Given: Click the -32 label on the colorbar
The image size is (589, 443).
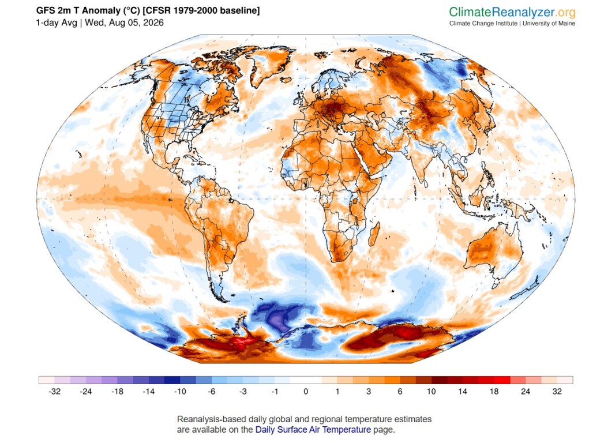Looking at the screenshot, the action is coord(54,392).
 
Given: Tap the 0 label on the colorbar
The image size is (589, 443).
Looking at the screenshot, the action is coord(306,392).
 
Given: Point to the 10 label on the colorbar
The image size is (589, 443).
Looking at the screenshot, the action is coord(432,392).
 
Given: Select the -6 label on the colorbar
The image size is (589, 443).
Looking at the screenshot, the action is coord(212,392).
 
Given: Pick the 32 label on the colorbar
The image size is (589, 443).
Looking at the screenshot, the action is coord(557,392).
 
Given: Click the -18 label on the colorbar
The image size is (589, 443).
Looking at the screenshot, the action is coord(117,392).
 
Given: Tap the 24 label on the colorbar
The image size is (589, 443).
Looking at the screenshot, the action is coord(526,392).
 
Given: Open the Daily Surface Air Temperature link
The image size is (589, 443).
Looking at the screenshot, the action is coord(313,430).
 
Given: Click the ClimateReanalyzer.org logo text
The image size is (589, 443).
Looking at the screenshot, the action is coord(512,12).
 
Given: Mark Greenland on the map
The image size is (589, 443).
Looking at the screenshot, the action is coord(269,67).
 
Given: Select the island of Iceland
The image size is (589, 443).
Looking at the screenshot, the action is coord(286,80).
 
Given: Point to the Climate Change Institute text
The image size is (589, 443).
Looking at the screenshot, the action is coord(483,23).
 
